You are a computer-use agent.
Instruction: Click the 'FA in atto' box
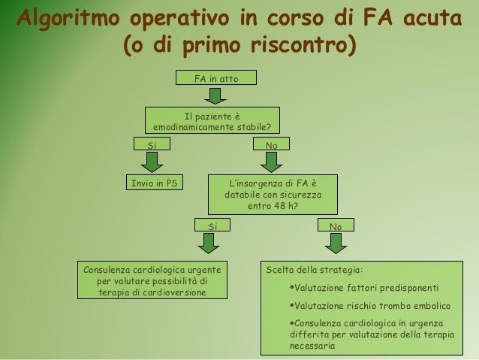click(215, 77)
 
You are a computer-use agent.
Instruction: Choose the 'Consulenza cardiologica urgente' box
click(153, 280)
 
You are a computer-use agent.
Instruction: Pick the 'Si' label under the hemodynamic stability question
click(152, 143)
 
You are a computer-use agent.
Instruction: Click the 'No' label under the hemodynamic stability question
click(272, 143)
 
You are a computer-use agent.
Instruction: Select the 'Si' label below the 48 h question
click(212, 225)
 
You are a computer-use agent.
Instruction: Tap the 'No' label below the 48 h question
click(335, 225)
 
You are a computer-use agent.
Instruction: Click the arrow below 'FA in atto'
click(215, 95)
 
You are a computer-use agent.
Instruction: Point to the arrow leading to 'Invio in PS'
click(152, 162)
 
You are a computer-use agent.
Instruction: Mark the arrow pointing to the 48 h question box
click(272, 162)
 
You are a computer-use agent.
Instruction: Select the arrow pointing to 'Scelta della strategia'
click(335, 244)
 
